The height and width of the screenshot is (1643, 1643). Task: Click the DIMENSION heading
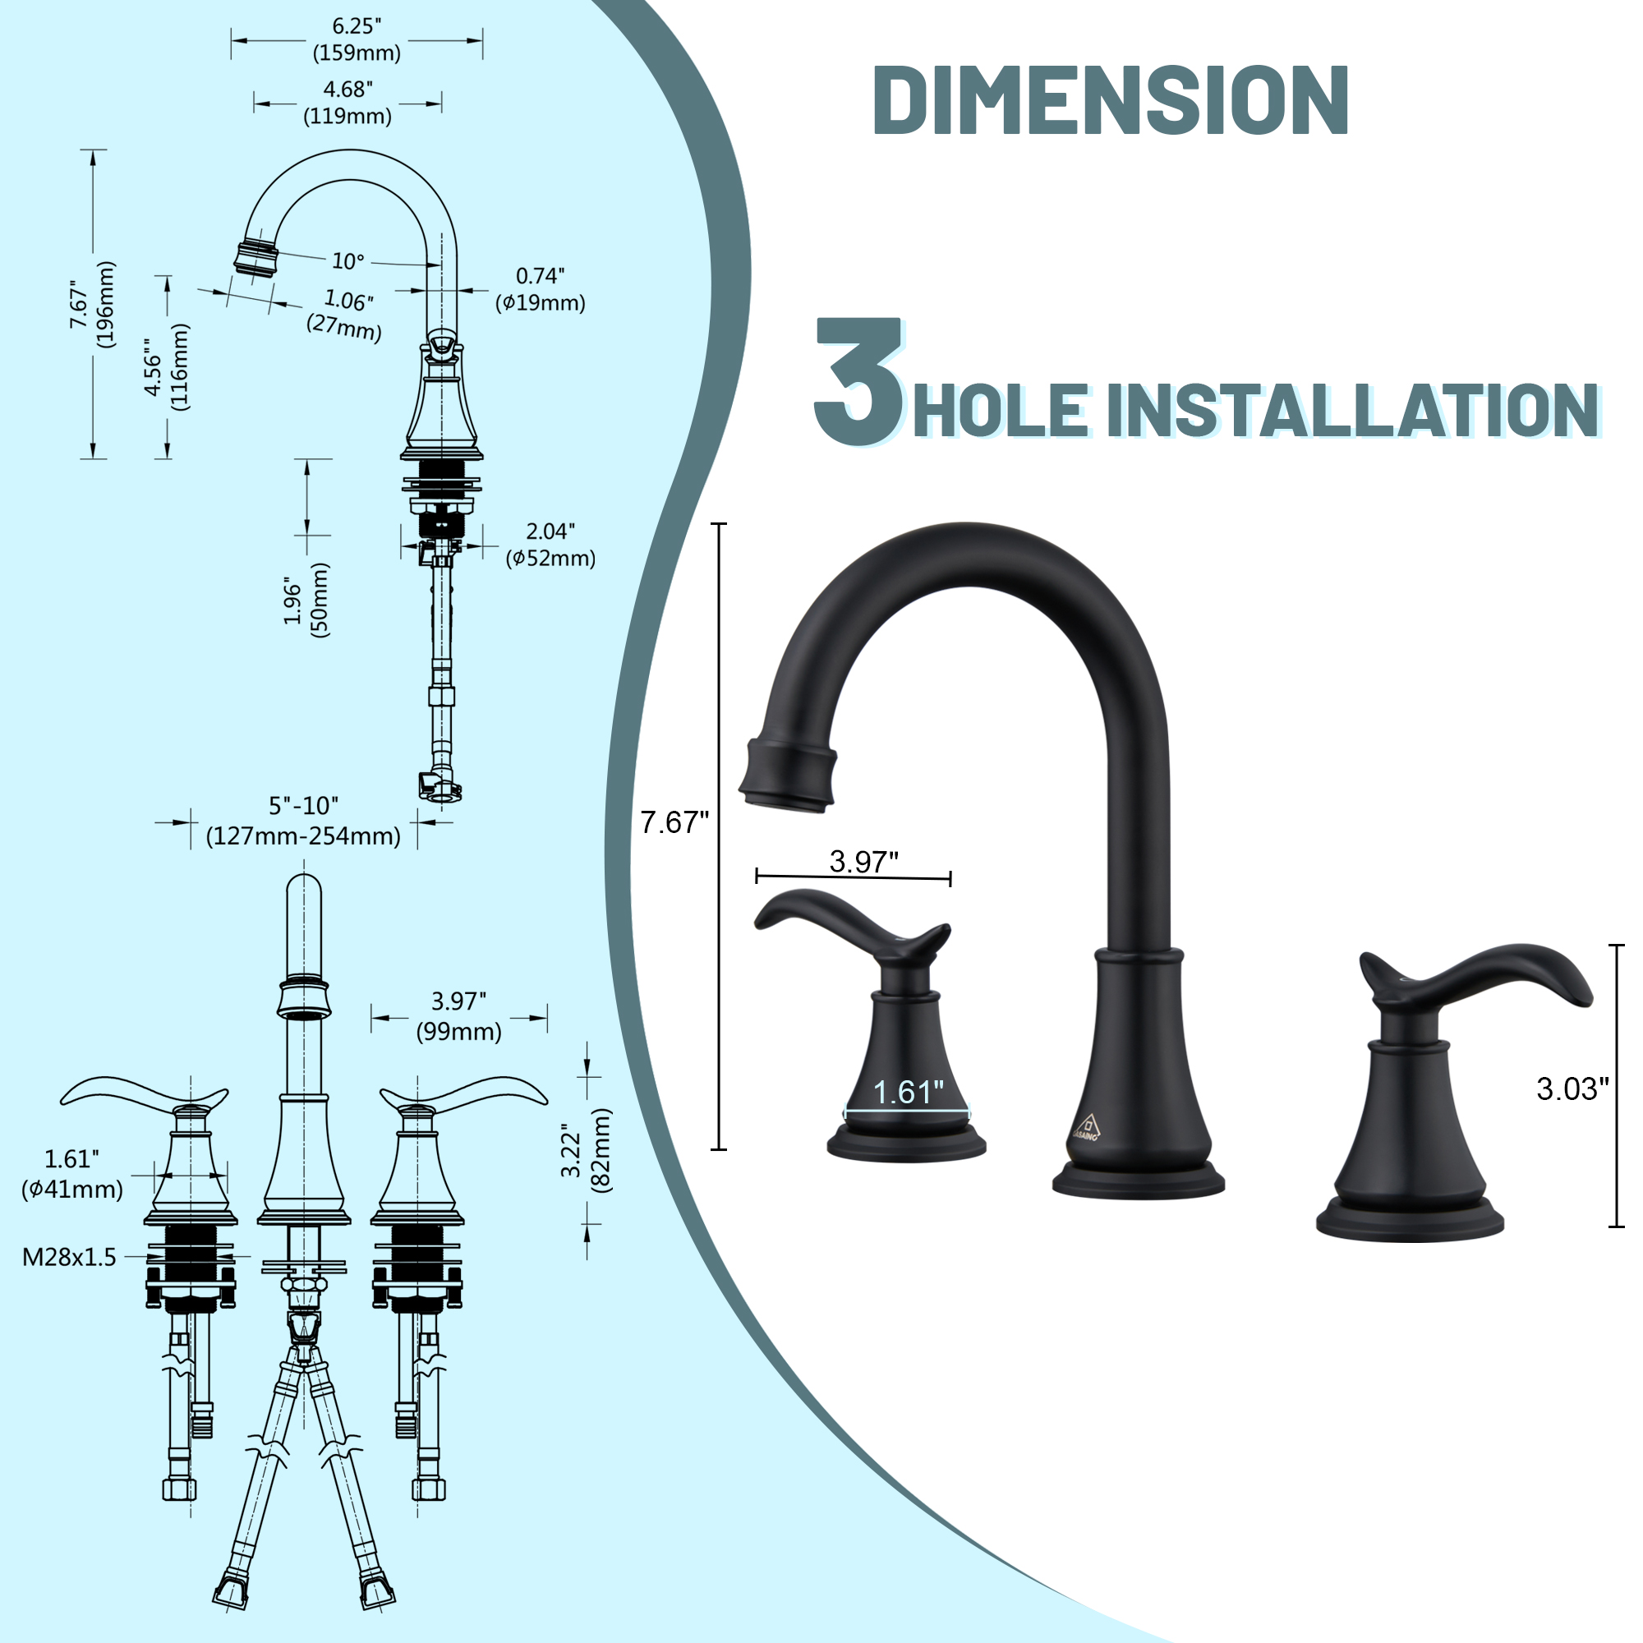tap(1110, 100)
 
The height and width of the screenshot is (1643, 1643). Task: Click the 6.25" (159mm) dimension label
tap(357, 40)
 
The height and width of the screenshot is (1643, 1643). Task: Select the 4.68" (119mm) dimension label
tap(347, 103)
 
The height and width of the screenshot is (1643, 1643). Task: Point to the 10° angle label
tap(347, 261)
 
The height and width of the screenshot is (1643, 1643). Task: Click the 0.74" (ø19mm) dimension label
tap(541, 290)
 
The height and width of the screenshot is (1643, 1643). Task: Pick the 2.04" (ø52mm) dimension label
tap(550, 545)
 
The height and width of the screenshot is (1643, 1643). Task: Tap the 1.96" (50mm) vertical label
tap(306, 599)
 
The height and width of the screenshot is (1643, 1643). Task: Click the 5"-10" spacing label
tap(304, 821)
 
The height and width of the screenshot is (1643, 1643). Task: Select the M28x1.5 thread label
tap(70, 1257)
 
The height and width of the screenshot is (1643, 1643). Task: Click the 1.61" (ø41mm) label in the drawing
tap(72, 1174)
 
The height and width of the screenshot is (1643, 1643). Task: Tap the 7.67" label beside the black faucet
tap(674, 822)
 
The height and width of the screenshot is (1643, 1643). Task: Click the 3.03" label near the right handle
tap(1572, 1088)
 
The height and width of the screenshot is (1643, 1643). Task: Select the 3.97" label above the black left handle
tap(864, 862)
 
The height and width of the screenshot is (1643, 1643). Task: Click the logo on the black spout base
tap(1086, 1127)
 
